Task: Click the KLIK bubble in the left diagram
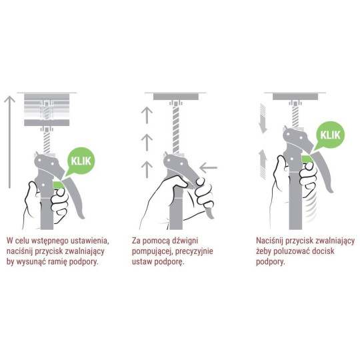[x=81, y=161]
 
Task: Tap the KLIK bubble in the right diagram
[x=330, y=135]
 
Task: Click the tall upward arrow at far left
[x=9, y=142]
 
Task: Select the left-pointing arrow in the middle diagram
[x=209, y=167]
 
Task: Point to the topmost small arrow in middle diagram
[x=147, y=115]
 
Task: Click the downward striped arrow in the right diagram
[x=263, y=119]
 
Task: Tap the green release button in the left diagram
[x=59, y=185]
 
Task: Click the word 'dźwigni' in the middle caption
[x=185, y=241]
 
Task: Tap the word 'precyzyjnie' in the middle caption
[x=194, y=251]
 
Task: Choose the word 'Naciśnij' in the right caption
[x=270, y=241]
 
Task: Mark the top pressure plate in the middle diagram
[x=176, y=97]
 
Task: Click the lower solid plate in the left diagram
[x=47, y=123]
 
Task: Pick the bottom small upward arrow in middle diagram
[x=147, y=170]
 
